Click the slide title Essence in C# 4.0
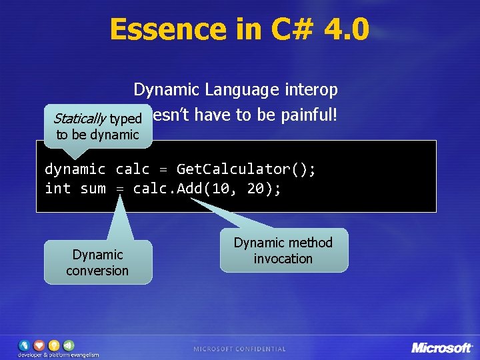(239, 29)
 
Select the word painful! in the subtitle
(308, 115)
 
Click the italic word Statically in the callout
(79, 119)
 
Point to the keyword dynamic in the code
(75, 169)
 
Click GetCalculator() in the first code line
(246, 169)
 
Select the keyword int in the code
(57, 189)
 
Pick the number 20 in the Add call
(255, 189)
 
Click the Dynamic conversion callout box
(97, 263)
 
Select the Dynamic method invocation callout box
(283, 251)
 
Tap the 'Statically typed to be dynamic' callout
(97, 127)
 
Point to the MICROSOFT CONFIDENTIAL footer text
(239, 349)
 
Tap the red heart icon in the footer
(39, 345)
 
